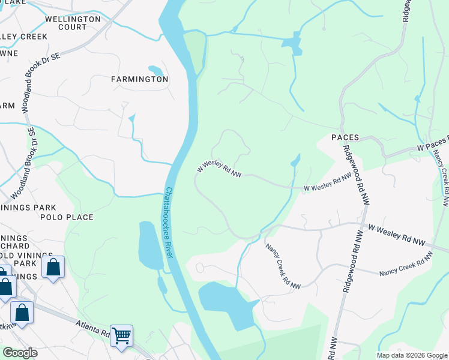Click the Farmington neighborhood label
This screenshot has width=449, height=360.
click(x=139, y=79)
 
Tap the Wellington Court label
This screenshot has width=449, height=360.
click(x=73, y=23)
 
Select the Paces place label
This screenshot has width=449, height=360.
click(x=345, y=137)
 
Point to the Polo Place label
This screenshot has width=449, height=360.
click(x=67, y=217)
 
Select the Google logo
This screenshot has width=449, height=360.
click(x=19, y=353)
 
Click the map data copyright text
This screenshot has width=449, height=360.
click(x=412, y=355)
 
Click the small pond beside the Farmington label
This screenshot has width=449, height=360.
click(x=155, y=70)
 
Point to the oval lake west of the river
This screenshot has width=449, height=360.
click(x=150, y=245)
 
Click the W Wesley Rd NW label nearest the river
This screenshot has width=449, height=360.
click(x=220, y=168)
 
